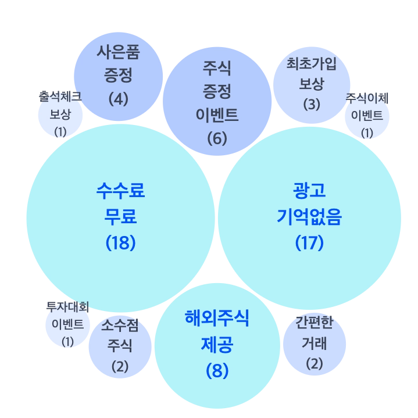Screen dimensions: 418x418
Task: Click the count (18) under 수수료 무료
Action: pos(120,242)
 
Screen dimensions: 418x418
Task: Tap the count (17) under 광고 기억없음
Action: pos(309,242)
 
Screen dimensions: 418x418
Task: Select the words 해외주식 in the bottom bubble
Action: pos(217,319)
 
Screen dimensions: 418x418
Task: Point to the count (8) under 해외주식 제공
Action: pos(217,370)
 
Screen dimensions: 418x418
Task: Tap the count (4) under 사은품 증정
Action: pos(118,98)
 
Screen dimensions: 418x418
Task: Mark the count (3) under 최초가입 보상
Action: pos(312,105)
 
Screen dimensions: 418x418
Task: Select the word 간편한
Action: pos(314,323)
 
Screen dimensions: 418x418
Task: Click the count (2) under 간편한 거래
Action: pos(314,364)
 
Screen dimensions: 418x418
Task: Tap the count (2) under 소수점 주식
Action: pos(120,367)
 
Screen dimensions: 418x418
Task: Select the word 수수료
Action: pos(120,191)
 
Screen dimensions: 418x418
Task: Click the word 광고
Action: pos(309,191)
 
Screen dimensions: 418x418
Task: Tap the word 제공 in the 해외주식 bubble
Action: pos(217,345)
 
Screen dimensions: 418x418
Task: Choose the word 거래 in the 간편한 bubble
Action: pos(314,343)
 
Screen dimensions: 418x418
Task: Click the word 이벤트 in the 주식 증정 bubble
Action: pos(217,115)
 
